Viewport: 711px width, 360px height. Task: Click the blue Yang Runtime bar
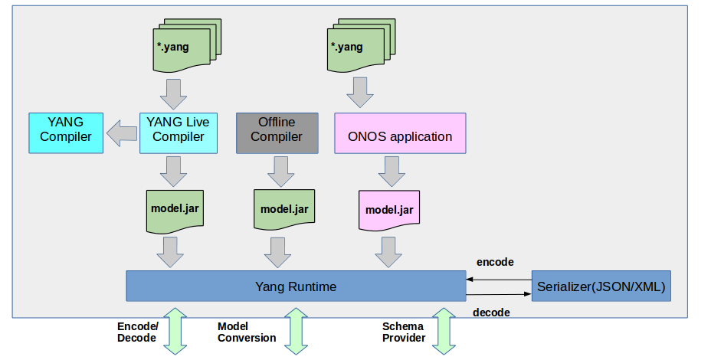[296, 286]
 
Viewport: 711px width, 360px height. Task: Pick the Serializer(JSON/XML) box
[601, 286]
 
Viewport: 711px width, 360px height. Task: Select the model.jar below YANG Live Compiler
[175, 208]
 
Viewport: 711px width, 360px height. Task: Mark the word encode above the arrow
[494, 262]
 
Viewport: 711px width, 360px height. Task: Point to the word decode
[491, 312]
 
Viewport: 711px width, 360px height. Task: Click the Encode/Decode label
[138, 332]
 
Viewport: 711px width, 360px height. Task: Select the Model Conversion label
[247, 332]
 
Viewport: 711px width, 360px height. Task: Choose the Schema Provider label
[403, 332]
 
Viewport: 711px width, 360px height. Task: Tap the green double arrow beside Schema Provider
[442, 331]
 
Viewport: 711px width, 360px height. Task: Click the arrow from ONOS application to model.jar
[390, 172]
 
